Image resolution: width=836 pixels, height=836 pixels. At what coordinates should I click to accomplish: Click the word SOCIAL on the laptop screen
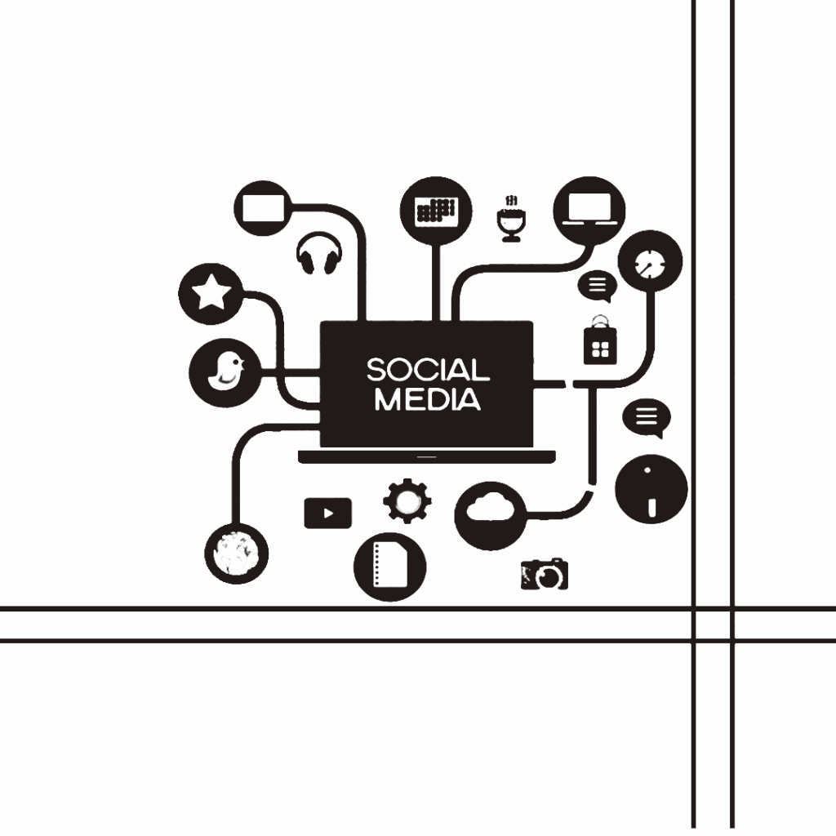pyautogui.click(x=428, y=371)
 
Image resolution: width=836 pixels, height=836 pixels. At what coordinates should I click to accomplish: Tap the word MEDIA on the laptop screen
pyautogui.click(x=427, y=400)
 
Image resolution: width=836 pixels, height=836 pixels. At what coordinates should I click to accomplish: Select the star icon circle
pyautogui.click(x=211, y=293)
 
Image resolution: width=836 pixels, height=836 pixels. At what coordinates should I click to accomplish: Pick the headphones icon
pyautogui.click(x=319, y=254)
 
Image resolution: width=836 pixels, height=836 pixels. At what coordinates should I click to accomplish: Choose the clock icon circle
pyautogui.click(x=650, y=263)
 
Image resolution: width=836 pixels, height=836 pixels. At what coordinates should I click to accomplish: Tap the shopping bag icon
pyautogui.click(x=601, y=342)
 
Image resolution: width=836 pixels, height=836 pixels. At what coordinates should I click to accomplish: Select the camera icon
pyautogui.click(x=545, y=575)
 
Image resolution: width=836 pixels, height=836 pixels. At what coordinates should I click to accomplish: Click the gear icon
pyautogui.click(x=407, y=501)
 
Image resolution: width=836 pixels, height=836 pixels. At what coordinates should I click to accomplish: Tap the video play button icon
pyautogui.click(x=327, y=514)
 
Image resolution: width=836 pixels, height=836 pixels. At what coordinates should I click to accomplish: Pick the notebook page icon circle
pyautogui.click(x=390, y=565)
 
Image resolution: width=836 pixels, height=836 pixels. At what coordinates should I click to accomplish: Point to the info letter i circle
pyautogui.click(x=651, y=489)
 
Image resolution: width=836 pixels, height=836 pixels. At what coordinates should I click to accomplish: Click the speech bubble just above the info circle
pyautogui.click(x=647, y=419)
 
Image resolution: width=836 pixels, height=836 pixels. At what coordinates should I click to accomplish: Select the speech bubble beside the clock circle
pyautogui.click(x=598, y=286)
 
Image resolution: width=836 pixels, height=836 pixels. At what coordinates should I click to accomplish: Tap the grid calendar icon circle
pyautogui.click(x=436, y=209)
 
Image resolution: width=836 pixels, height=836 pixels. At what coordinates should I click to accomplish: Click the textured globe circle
pyautogui.click(x=236, y=554)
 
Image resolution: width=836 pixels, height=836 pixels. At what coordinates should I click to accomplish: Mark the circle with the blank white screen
pyautogui.click(x=262, y=207)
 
